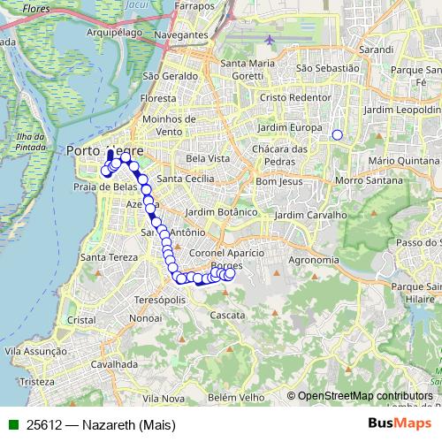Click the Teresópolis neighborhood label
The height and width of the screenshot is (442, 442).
click(x=159, y=299)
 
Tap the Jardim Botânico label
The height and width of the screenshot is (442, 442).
click(x=223, y=212)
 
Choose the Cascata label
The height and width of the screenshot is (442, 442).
click(x=227, y=314)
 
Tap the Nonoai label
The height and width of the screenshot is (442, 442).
click(x=146, y=316)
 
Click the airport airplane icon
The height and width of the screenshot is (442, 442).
click(x=269, y=40)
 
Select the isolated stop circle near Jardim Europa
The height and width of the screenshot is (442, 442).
click(x=337, y=135)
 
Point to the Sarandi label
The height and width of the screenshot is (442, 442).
click(x=377, y=50)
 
